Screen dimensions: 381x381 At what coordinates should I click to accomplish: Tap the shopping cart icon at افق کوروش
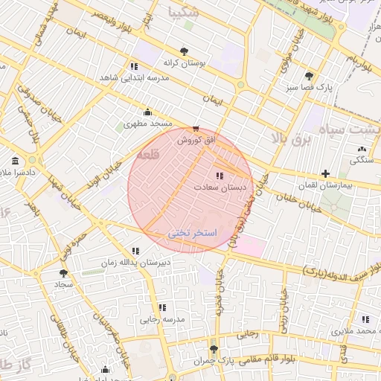click(196, 128)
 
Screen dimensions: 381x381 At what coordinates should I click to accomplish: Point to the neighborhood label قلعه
click(148, 155)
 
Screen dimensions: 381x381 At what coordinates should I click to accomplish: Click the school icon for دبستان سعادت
click(218, 176)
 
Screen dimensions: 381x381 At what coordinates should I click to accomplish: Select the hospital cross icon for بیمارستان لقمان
click(325, 173)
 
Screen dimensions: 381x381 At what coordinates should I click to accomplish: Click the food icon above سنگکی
click(352, 148)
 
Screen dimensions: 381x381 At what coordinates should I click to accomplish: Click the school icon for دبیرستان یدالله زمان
click(135, 252)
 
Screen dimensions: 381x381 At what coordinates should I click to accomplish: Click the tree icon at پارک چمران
click(214, 349)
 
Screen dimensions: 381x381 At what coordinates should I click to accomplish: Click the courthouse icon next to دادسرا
click(16, 161)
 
